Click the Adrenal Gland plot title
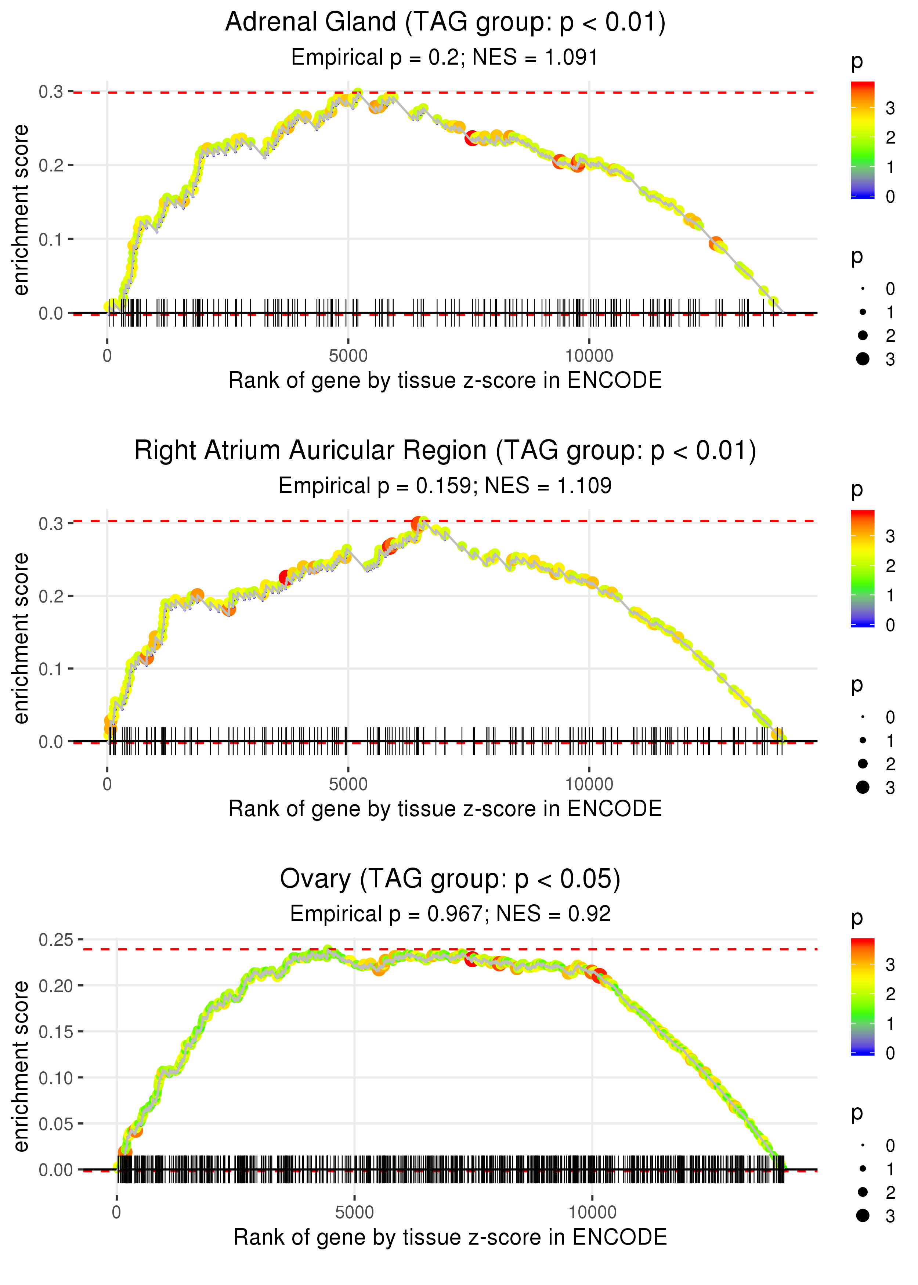click(x=445, y=23)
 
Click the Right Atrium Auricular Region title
click(x=445, y=451)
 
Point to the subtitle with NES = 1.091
click(x=445, y=58)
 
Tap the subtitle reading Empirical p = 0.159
click(x=445, y=486)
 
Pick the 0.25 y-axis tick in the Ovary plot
click(x=55, y=940)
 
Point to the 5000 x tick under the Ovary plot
click(x=354, y=1212)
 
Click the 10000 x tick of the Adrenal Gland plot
click(x=589, y=356)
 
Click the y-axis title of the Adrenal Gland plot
click(x=21, y=210)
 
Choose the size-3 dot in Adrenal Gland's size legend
click(x=863, y=359)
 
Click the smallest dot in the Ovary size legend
click(x=863, y=1145)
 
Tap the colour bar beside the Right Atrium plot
click(x=863, y=568)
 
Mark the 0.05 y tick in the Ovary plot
click(x=55, y=1124)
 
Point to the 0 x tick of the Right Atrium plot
click(x=107, y=784)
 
